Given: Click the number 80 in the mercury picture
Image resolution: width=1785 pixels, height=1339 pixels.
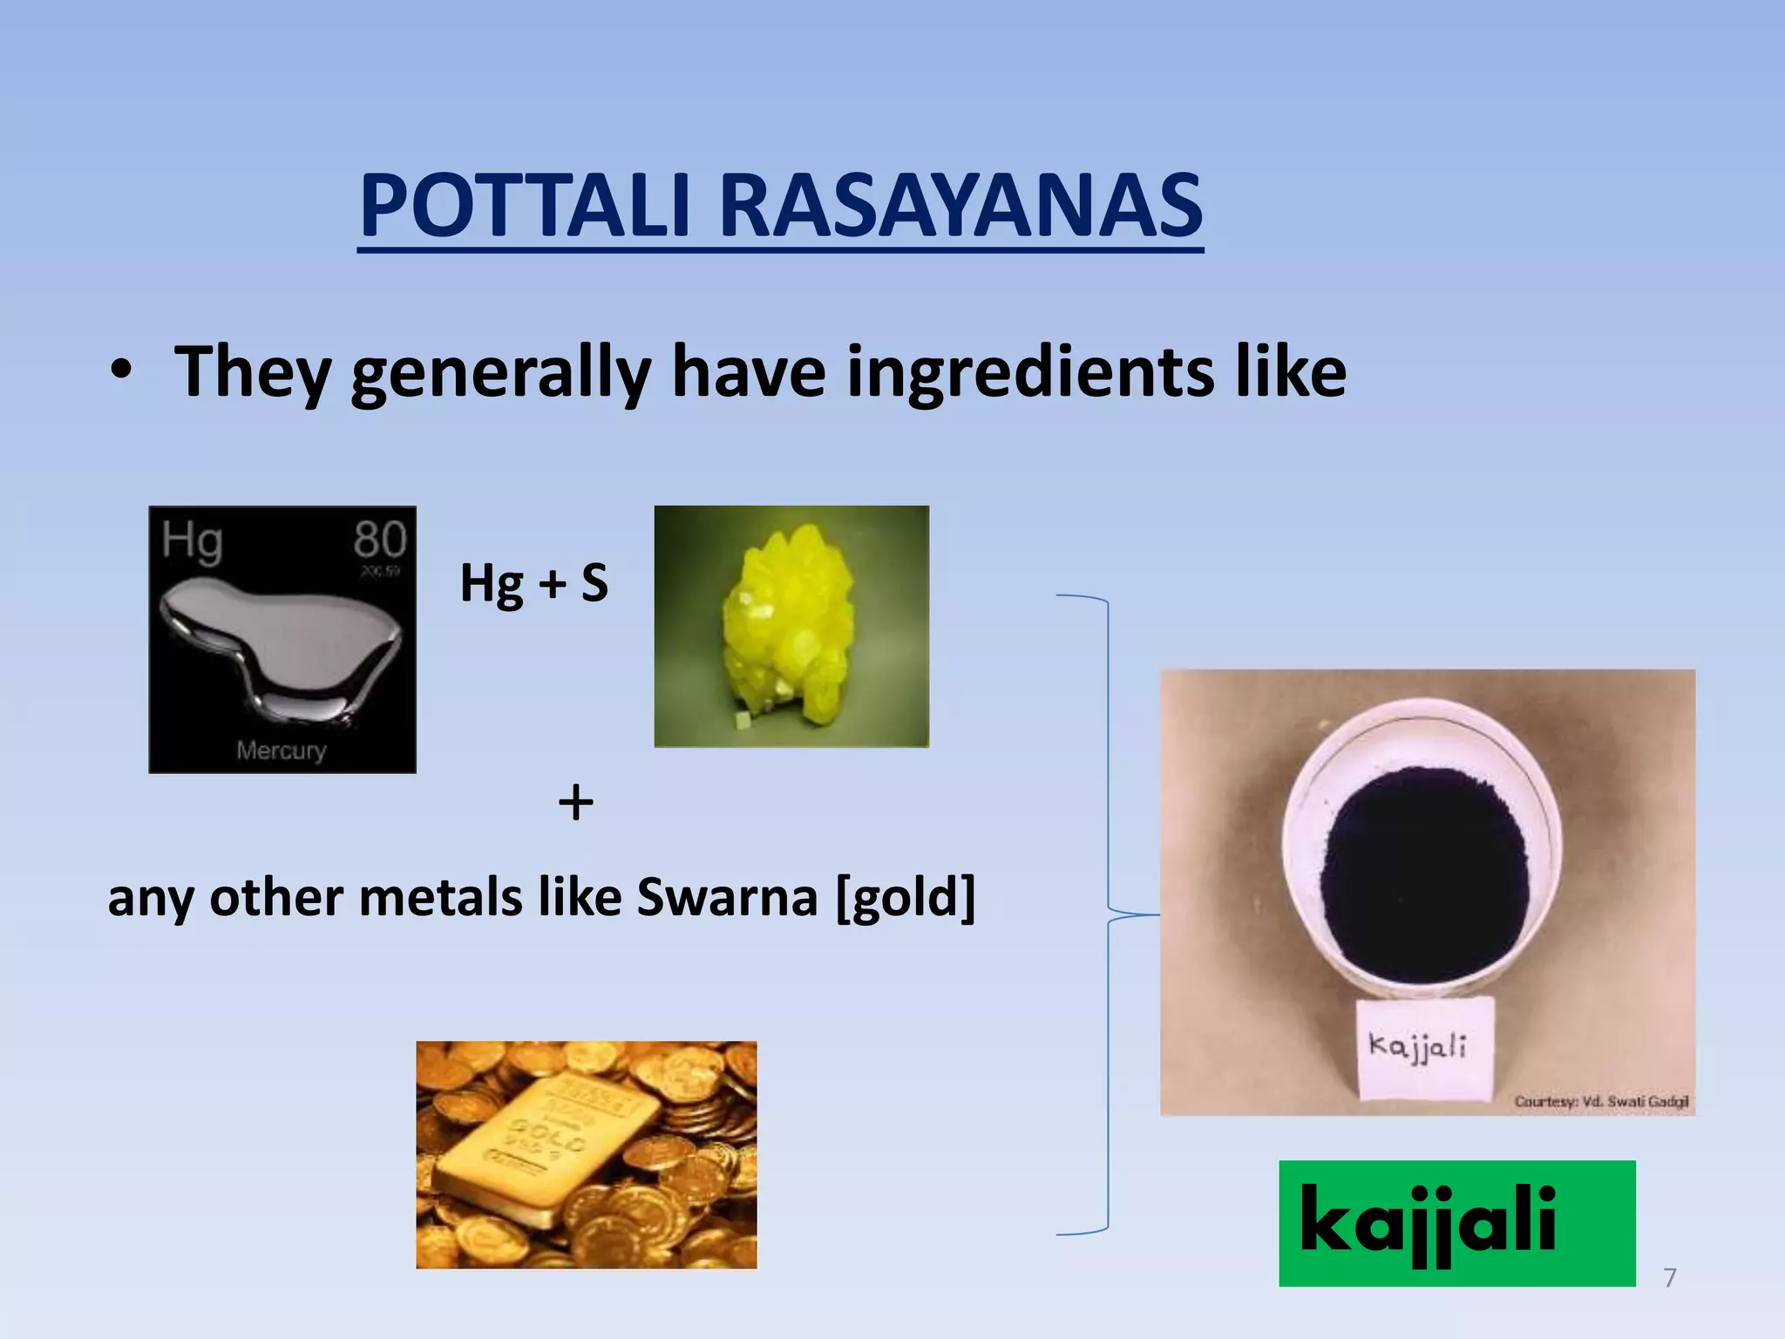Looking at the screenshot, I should tap(379, 539).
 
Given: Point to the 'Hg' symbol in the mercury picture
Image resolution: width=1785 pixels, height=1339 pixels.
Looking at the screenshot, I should tap(192, 540).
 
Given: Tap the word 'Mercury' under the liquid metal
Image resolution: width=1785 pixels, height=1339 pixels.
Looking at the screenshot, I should tap(281, 750).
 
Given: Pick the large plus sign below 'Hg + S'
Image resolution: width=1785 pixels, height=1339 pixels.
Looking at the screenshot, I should tap(575, 802).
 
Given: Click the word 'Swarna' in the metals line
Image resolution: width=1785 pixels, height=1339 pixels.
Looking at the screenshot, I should tap(727, 897).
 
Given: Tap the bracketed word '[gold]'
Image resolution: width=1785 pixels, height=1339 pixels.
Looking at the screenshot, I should tap(906, 897).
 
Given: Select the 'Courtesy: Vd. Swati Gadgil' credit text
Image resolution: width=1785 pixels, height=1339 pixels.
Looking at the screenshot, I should tap(1601, 1102).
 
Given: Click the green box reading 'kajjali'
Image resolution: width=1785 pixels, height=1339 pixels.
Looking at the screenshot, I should tap(1456, 1223).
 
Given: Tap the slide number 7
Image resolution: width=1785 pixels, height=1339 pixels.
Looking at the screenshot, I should tap(1670, 1278).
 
